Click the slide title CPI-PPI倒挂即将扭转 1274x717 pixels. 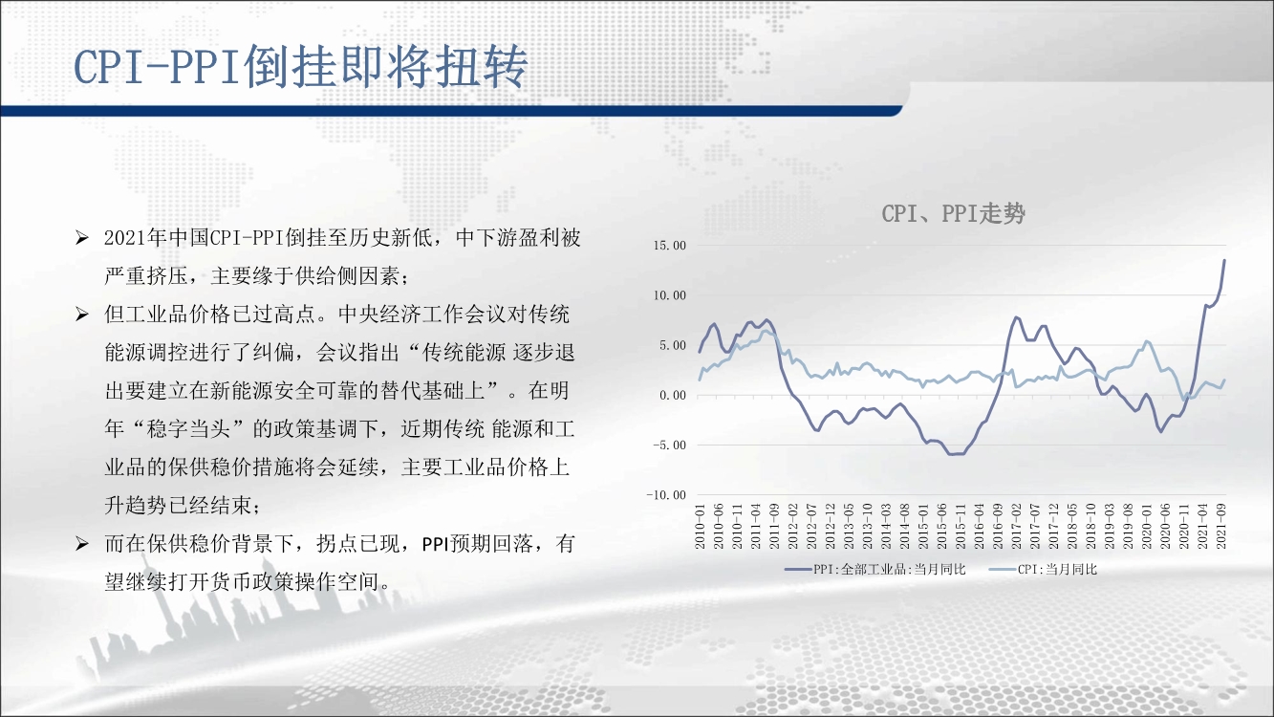(x=301, y=67)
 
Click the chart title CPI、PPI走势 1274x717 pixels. (x=953, y=214)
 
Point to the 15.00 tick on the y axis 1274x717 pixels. (x=669, y=246)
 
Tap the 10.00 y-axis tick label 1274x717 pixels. (x=669, y=295)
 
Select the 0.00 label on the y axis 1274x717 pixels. (x=673, y=395)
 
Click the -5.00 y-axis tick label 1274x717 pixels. (x=669, y=445)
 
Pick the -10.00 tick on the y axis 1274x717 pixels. (x=666, y=495)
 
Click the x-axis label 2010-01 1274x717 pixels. (x=701, y=527)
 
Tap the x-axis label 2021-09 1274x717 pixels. (x=1220, y=527)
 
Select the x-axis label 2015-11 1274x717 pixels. (x=961, y=527)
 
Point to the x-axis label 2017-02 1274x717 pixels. (x=1016, y=527)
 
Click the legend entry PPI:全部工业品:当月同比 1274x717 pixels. (x=875, y=570)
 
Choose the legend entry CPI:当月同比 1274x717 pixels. (x=1044, y=570)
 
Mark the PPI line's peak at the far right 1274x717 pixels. (x=1224, y=260)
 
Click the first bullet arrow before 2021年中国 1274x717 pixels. (x=82, y=238)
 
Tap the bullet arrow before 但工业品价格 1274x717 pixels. (x=82, y=315)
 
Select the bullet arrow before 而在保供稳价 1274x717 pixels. (x=82, y=544)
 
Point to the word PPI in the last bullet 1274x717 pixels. (x=436, y=545)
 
